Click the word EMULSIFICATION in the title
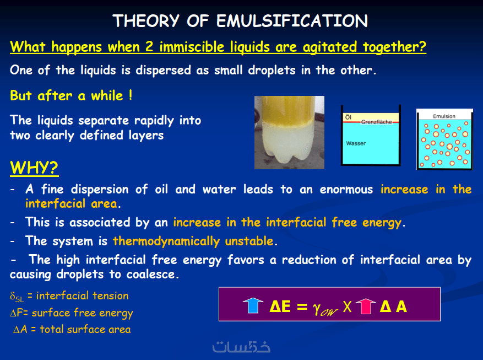(x=292, y=21)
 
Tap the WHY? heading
(x=34, y=168)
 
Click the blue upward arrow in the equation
(x=253, y=305)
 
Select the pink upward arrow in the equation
(x=366, y=306)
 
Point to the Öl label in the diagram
(x=348, y=117)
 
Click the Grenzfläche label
(x=376, y=122)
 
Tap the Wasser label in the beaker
(x=356, y=143)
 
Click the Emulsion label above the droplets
(x=444, y=116)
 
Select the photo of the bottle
(x=289, y=132)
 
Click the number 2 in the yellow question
(x=149, y=47)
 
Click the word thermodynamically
(x=166, y=241)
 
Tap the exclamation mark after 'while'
(x=131, y=95)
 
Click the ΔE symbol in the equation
(x=280, y=307)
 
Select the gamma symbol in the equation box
(x=317, y=308)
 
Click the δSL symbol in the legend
(x=17, y=297)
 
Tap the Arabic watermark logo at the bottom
(x=241, y=347)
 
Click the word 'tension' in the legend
(x=110, y=296)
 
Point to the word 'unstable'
(x=249, y=241)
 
